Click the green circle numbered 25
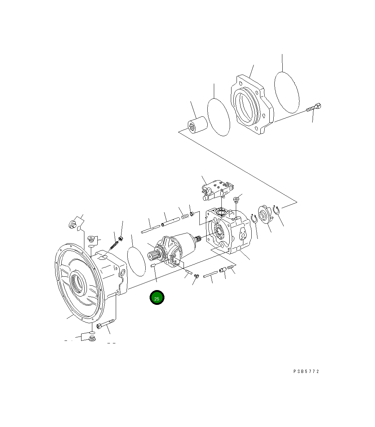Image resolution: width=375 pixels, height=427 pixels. click(x=157, y=298)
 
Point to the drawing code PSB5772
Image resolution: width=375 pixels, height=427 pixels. click(x=306, y=372)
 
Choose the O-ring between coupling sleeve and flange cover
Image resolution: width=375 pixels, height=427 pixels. click(x=219, y=117)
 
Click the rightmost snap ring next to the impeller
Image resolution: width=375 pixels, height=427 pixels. click(x=277, y=210)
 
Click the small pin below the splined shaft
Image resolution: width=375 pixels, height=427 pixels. click(x=153, y=266)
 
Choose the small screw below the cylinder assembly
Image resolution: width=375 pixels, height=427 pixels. click(x=197, y=276)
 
